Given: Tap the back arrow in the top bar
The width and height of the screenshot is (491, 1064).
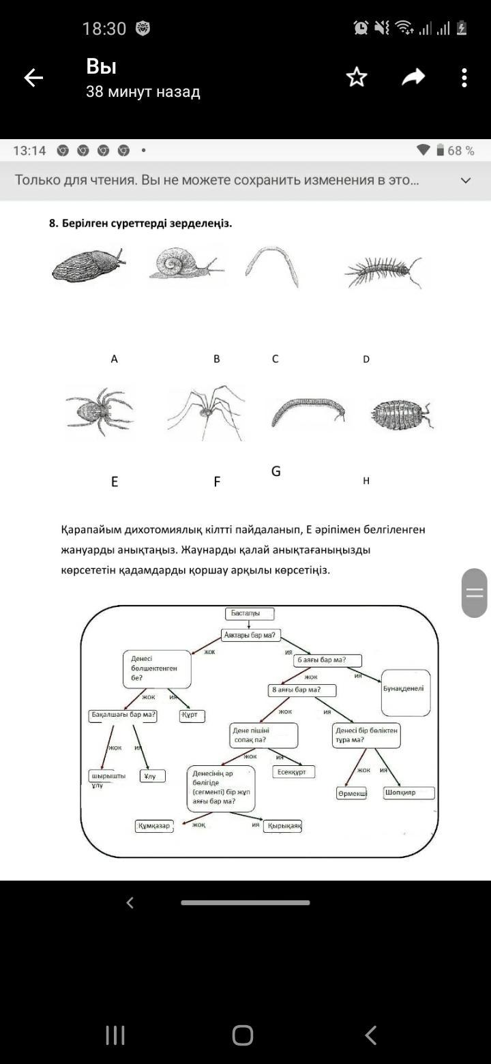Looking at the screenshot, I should click(33, 78).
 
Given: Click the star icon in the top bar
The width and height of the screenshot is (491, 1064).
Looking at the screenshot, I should click(357, 77).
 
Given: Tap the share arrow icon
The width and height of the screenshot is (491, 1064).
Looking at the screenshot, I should click(413, 77).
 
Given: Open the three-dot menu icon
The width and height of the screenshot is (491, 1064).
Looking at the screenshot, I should click(464, 77).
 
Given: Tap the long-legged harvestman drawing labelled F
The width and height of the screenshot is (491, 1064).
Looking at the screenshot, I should click(205, 411).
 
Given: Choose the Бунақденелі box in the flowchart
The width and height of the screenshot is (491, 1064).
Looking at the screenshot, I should click(406, 692).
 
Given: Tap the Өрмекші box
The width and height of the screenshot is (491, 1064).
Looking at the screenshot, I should click(352, 793).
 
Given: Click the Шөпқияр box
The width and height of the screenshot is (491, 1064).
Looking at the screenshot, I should click(408, 793).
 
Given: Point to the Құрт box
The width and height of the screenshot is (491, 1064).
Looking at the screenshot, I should click(192, 716).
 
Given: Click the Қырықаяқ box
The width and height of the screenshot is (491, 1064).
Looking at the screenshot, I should click(283, 826).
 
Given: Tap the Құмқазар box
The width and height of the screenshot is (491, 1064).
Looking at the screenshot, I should click(154, 826).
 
